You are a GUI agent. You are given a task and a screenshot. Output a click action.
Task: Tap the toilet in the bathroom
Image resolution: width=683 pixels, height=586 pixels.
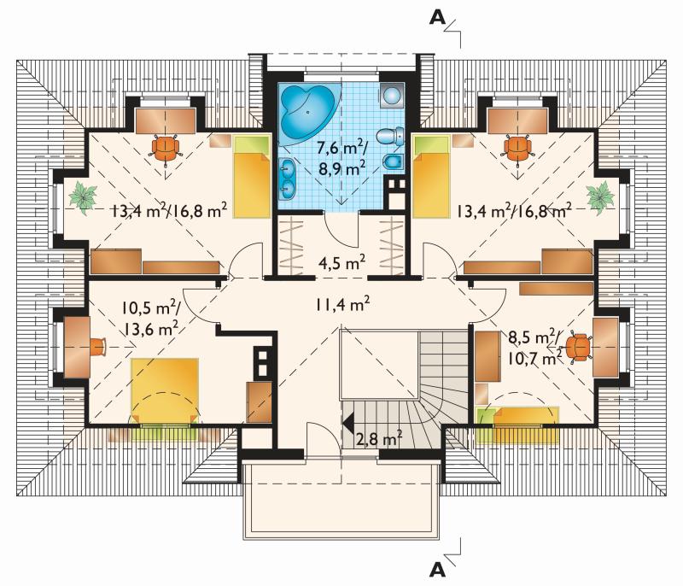click(x=390, y=136)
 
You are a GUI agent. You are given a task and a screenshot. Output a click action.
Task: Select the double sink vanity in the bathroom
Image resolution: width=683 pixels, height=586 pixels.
click(x=287, y=178)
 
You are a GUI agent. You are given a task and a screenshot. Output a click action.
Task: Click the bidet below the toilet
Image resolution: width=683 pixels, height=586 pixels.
click(x=394, y=161)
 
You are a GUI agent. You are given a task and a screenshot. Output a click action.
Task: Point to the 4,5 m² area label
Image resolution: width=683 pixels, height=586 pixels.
click(x=341, y=263)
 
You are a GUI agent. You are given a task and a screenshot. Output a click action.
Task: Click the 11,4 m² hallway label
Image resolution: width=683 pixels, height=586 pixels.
click(x=343, y=304)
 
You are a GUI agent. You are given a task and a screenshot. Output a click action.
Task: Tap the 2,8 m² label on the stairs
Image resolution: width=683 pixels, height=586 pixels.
click(x=378, y=439)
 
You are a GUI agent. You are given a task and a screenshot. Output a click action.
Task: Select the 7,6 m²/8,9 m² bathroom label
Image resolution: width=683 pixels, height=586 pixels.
click(x=342, y=158)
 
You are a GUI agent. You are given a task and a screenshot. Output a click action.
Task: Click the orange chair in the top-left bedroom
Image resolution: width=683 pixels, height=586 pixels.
click(x=166, y=149)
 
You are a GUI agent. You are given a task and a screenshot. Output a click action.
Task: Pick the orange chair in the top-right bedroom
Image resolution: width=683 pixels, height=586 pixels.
click(x=518, y=149)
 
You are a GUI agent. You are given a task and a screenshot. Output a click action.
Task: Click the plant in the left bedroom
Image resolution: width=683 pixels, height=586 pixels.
click(x=83, y=198)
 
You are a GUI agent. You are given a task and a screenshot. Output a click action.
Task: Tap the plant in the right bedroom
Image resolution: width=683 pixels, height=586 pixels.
click(x=600, y=198)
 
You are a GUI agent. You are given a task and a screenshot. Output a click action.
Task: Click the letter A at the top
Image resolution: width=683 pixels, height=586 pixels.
click(x=437, y=17)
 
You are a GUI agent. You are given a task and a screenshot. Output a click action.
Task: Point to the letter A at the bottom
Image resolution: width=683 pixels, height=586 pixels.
click(x=437, y=569)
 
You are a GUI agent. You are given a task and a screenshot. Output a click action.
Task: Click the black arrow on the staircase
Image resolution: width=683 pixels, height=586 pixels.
click(x=347, y=423)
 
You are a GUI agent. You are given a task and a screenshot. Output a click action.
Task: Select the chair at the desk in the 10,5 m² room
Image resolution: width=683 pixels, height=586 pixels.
click(x=98, y=347)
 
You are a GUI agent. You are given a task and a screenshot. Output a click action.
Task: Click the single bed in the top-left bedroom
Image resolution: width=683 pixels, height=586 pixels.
click(x=252, y=177)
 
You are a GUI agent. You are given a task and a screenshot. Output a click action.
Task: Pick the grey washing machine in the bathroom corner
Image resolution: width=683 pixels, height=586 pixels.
click(x=393, y=95)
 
